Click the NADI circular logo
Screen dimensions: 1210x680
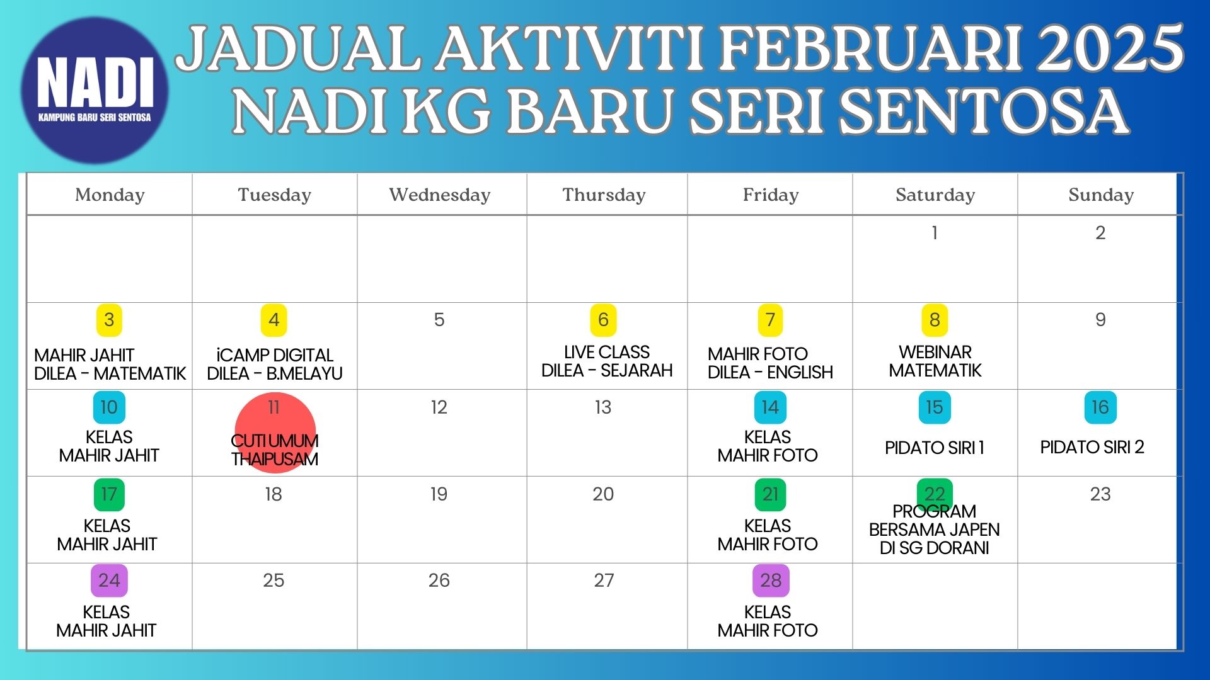coord(95,90)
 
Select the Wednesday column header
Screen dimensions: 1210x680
coord(440,195)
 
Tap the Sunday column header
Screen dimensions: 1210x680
coord(1101,195)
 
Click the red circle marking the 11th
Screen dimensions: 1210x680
coord(275,433)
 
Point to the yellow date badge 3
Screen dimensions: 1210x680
coord(109,320)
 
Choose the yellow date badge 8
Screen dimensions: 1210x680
coord(935,320)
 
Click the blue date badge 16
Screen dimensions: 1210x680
coord(1100,407)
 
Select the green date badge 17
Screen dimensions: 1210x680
coord(109,494)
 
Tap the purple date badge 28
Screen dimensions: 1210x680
coord(771,581)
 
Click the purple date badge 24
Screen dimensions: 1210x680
coord(109,581)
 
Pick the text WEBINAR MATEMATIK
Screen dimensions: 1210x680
coord(935,361)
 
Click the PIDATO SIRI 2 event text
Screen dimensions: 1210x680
coord(1092,447)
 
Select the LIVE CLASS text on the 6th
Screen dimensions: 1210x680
coord(607,352)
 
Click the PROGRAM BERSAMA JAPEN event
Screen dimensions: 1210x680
coord(935,530)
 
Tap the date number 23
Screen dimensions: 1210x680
coord(1100,494)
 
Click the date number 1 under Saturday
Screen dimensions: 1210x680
coord(935,233)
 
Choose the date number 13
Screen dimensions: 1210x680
coord(603,407)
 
